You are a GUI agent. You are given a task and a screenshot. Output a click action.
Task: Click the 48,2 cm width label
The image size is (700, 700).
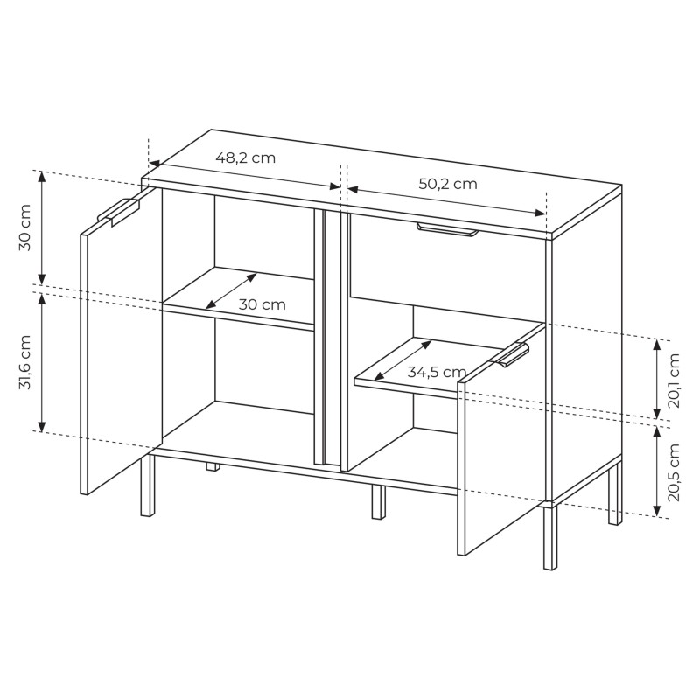pyautogui.click(x=246, y=157)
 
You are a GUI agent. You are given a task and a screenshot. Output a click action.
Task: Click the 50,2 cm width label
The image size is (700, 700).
pyautogui.click(x=448, y=184)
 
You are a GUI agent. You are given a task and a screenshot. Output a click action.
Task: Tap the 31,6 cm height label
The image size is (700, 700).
pyautogui.click(x=25, y=362)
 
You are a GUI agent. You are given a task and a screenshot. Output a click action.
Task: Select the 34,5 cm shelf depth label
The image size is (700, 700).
pyautogui.click(x=437, y=371)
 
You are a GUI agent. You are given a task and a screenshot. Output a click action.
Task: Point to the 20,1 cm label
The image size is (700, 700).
pyautogui.click(x=674, y=381)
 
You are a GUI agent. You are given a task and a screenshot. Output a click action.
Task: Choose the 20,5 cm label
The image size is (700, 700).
pyautogui.click(x=674, y=472)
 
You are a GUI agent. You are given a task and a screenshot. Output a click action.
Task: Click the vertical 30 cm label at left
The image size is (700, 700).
pyautogui.click(x=25, y=227)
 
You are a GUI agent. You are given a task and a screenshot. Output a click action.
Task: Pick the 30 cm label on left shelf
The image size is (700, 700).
pyautogui.click(x=262, y=304)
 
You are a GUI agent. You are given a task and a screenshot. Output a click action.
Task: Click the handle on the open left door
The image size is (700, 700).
pyautogui.click(x=119, y=211)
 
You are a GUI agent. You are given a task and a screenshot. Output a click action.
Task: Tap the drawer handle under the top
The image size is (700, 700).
pyautogui.click(x=448, y=229)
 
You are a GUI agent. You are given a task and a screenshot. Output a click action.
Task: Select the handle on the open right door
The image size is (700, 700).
pyautogui.click(x=509, y=355)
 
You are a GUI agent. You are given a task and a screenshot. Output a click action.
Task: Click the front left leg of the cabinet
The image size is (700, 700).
pyautogui.click(x=148, y=486)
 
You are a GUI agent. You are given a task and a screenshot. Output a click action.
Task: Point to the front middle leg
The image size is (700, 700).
pyautogui.click(x=379, y=502)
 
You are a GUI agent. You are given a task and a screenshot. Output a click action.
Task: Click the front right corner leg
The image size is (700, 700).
pyautogui.click(x=550, y=535)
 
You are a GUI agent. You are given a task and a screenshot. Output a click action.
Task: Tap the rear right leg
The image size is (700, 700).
pyautogui.click(x=615, y=493)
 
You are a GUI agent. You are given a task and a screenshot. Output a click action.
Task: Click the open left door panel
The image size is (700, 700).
pyautogui.click(x=121, y=341)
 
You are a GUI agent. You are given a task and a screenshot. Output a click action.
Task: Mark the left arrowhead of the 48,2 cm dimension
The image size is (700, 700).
pyautogui.click(x=154, y=164)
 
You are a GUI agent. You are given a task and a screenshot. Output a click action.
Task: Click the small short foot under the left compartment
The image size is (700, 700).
pyautogui.click(x=213, y=467)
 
